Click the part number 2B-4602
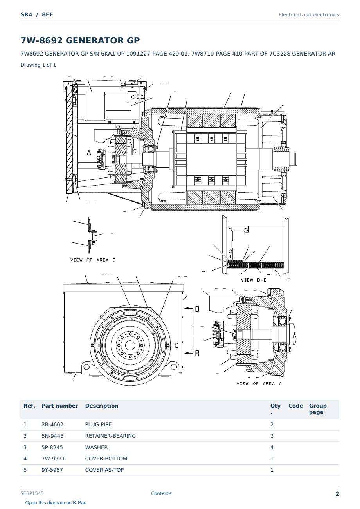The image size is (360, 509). click(52, 424)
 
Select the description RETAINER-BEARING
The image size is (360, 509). click(110, 436)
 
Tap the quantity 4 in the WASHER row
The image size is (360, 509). click(272, 447)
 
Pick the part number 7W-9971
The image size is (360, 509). click(53, 458)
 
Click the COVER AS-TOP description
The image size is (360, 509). click(104, 470)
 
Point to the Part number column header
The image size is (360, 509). click(60, 406)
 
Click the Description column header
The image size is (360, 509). click(102, 406)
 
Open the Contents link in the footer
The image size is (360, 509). click(161, 493)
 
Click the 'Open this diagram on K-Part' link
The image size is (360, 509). click(56, 503)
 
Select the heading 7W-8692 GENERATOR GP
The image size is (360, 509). click(80, 40)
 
